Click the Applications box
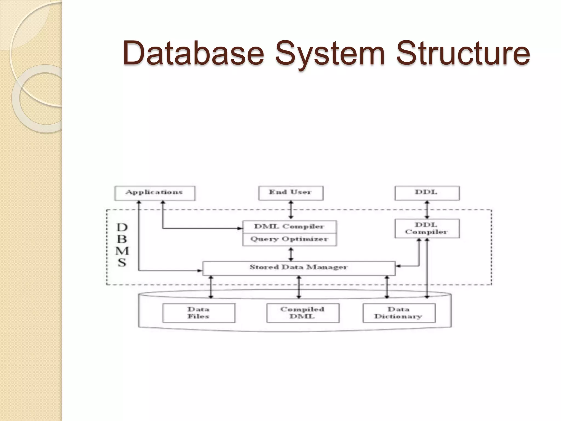154,193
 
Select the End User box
291,193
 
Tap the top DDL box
427,193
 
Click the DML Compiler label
289,227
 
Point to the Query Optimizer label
289,239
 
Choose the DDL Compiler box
427,229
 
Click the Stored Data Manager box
299,268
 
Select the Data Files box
199,313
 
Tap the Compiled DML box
302,313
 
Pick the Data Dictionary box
399,313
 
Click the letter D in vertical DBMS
122,227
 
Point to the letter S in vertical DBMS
122,263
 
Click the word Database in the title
193,53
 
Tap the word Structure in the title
463,53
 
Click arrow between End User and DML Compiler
291,210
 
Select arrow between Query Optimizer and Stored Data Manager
291,254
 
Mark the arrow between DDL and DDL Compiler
427,210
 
